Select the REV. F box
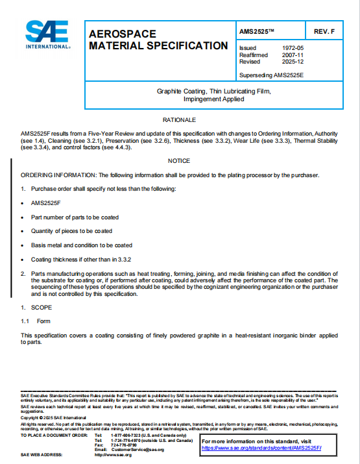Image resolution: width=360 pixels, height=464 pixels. coord(324,32)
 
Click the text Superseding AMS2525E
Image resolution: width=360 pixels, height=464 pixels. coord(271,75)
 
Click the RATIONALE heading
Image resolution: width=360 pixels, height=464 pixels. coord(178,121)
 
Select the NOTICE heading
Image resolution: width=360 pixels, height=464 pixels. coord(178,160)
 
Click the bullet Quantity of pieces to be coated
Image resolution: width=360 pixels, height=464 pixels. coord(71,231)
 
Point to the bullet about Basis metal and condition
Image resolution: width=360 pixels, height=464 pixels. coord(82,245)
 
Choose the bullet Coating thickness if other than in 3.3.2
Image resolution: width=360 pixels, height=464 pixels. coord(81,259)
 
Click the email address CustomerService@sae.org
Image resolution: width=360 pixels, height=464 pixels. coord(138,450)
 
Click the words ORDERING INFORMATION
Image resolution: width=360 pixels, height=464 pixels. coord(58,175)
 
